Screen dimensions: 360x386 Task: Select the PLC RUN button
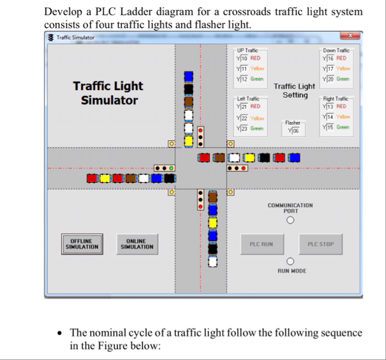(261, 244)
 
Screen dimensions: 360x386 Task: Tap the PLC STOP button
(321, 244)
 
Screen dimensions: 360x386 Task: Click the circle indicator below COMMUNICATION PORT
(290, 220)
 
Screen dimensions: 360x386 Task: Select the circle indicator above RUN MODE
(290, 261)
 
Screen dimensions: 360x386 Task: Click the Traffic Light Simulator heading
(108, 93)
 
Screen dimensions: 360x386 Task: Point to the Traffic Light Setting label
(295, 91)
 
